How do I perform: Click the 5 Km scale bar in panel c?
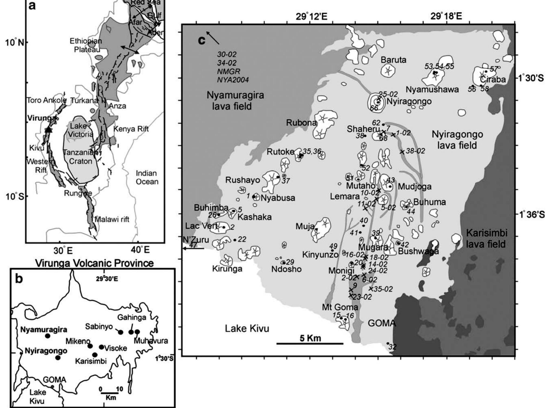(310, 343)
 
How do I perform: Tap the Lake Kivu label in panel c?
(247, 329)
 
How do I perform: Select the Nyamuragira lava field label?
(231, 101)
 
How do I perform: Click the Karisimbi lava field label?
(486, 238)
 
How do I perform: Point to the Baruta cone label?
(393, 60)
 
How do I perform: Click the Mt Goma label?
(340, 307)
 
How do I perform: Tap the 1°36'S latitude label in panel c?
(530, 215)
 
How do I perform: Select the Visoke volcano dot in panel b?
(101, 347)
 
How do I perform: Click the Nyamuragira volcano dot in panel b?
(48, 336)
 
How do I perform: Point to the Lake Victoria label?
(80, 130)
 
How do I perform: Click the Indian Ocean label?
(147, 177)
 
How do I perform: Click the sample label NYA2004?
(233, 80)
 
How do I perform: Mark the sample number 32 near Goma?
(392, 347)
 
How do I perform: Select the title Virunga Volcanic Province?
(94, 263)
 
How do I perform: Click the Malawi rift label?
(112, 219)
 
